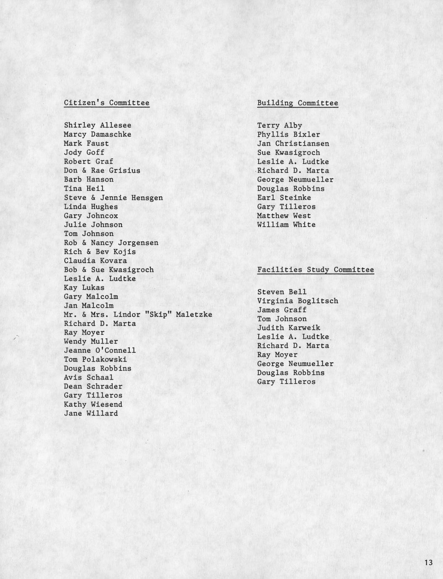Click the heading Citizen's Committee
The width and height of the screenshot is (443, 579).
coord(106,103)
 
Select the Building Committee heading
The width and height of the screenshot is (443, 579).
coord(297,103)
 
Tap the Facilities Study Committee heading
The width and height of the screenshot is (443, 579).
coord(315,270)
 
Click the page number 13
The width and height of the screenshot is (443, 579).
coord(428,563)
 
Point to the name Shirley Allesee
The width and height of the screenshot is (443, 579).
coord(97,125)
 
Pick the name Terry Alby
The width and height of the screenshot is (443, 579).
coord(279,125)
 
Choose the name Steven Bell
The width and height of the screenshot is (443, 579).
coord(282,292)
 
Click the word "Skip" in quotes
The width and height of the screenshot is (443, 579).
coord(158,315)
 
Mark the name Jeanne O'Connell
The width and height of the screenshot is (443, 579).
coord(100,350)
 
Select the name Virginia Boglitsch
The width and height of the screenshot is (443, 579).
coord(297,301)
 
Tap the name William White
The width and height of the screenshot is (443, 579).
coord(286,224)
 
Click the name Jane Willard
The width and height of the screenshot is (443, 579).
coord(91,413)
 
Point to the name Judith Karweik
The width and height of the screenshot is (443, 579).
coord(288,328)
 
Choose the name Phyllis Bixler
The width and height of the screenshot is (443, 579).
coord(288,135)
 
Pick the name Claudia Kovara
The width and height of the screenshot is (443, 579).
coord(95,261)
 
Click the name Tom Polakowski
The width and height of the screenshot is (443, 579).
coord(95,359)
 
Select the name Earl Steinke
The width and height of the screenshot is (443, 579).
coord(284,198)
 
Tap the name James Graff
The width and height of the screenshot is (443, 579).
coord(282,310)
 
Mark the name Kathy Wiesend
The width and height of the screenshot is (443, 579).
coord(93,404)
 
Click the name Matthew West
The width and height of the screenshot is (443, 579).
coord(284,216)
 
